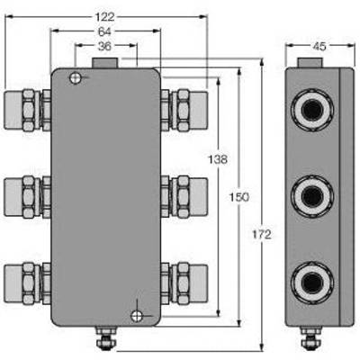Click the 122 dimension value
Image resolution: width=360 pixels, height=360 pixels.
[x=105, y=17]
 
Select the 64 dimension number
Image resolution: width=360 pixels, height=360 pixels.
[x=104, y=31]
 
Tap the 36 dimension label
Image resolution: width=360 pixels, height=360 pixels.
[x=104, y=46]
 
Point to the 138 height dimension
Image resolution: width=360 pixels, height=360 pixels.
[x=218, y=159]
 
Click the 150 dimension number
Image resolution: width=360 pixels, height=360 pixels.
[x=239, y=197]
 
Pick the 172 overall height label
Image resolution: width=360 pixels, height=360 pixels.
[x=262, y=235]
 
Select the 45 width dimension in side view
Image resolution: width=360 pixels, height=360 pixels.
[x=319, y=46]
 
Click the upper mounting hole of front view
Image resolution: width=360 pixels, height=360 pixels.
[x=76, y=78]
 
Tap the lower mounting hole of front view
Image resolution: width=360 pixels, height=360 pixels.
[x=137, y=316]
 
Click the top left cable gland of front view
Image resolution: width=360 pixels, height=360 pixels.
[x=27, y=110]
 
